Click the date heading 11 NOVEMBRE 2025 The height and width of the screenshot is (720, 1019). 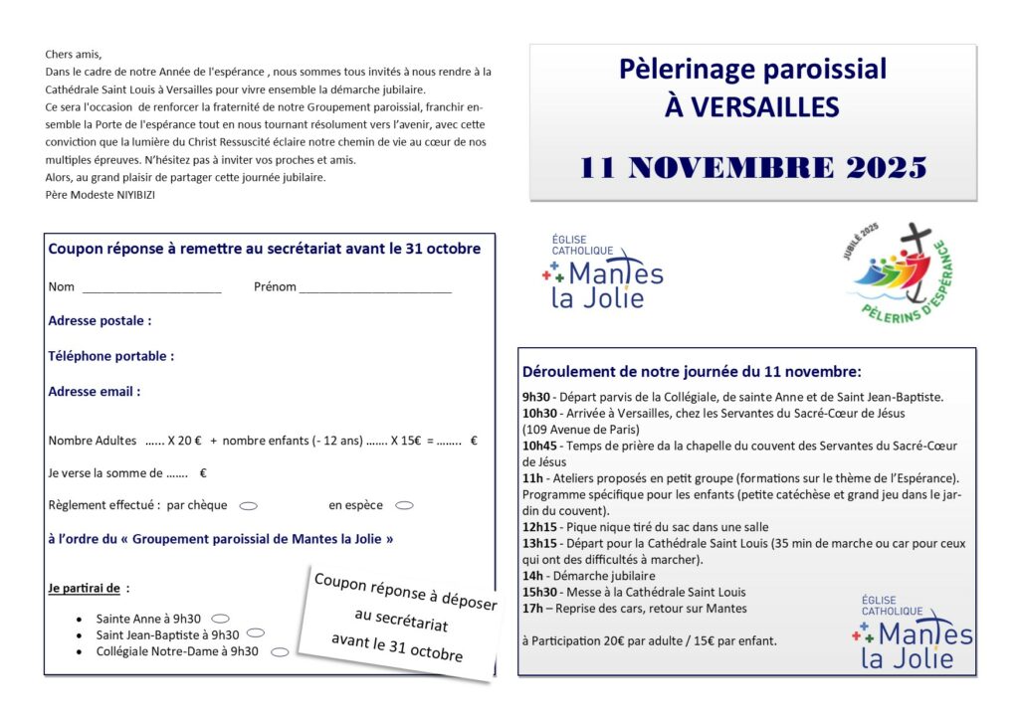752,167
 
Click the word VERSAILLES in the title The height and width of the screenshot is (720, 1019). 752,106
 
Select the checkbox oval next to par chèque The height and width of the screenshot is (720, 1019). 249,505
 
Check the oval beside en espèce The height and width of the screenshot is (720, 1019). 404,505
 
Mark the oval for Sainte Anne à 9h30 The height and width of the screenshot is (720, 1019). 221,619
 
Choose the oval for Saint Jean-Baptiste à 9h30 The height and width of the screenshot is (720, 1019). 256,633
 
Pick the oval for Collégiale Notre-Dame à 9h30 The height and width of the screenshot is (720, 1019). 280,652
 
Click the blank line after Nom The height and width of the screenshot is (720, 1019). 151,288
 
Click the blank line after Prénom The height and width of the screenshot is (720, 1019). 375,288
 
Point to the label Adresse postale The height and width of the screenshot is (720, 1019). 100,321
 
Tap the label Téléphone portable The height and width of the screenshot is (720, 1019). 110,356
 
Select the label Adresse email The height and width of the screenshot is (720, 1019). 94,392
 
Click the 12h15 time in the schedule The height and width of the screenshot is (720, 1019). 538,527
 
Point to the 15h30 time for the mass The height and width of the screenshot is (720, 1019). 538,592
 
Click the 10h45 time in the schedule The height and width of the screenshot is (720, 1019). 538,446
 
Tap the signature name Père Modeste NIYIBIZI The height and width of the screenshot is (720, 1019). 101,195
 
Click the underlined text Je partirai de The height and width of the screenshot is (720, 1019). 84,588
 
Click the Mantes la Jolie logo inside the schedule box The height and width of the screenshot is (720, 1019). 912,632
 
